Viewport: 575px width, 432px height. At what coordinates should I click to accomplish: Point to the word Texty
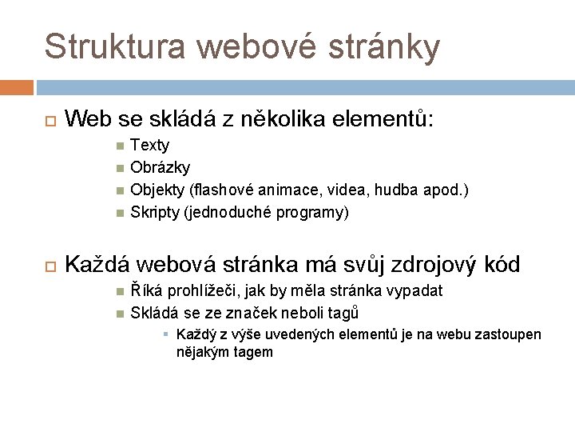point(149,146)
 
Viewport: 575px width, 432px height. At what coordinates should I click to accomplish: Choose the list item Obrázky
point(160,168)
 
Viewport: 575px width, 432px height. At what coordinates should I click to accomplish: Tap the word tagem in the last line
point(254,351)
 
